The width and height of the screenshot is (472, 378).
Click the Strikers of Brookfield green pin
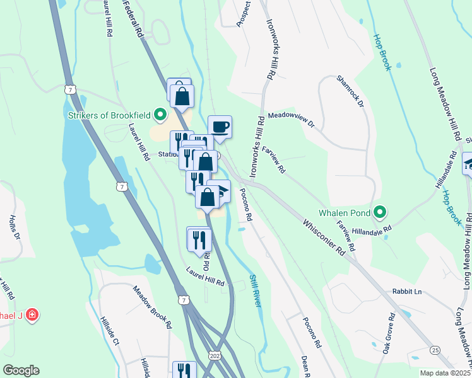[160, 115]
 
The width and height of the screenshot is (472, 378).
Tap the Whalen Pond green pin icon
[379, 212]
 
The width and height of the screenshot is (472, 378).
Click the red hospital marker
[31, 314]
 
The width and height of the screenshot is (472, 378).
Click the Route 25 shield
[434, 350]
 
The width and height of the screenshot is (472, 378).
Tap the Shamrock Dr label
[351, 91]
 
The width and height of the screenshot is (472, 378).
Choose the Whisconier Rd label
[324, 237]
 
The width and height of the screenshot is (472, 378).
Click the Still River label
[255, 289]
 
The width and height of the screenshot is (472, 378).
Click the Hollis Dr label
[15, 227]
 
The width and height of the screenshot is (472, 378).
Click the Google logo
[21, 370]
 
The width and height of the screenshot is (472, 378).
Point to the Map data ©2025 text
[445, 373]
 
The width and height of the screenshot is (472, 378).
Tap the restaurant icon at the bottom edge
[182, 370]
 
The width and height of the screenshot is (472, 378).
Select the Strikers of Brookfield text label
[110, 115]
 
